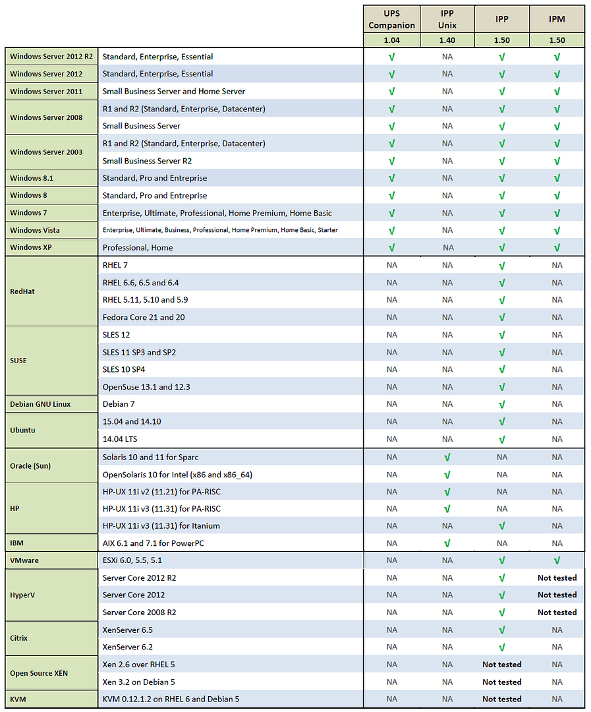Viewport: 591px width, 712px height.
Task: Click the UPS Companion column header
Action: (391, 19)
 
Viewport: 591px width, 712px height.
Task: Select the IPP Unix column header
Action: (447, 19)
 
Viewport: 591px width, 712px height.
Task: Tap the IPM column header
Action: (557, 19)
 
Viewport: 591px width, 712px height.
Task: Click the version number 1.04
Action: (391, 40)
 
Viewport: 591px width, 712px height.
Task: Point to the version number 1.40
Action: (447, 40)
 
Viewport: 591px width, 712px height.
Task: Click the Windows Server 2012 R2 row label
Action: (51, 57)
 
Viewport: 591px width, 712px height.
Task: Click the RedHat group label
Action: (23, 291)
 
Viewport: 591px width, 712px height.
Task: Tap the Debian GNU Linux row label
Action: (40, 404)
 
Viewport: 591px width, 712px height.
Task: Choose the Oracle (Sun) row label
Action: (30, 465)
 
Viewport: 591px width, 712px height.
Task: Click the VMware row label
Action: (24, 560)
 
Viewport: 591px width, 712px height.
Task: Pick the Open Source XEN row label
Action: (40, 673)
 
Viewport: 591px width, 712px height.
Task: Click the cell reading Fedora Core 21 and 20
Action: (144, 317)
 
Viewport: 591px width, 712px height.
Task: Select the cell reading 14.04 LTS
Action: (120, 438)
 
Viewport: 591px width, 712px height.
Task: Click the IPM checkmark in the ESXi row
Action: (557, 560)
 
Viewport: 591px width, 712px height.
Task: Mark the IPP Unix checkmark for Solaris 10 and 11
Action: (447, 457)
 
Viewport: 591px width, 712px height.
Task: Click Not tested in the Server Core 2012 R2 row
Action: (557, 578)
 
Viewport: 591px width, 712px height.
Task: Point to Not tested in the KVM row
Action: (501, 699)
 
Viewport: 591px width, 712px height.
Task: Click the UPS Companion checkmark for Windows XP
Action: (391, 248)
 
